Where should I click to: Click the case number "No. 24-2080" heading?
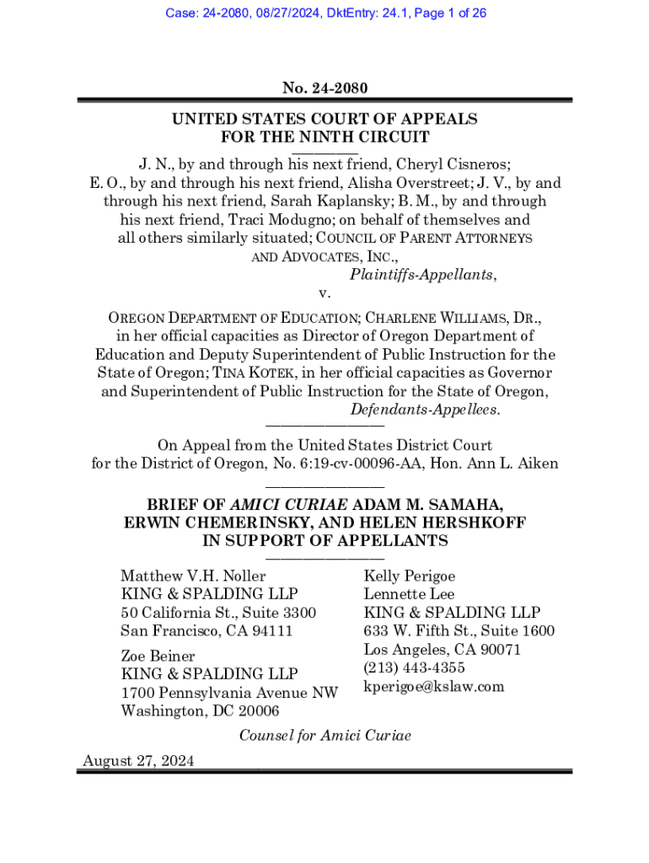324,88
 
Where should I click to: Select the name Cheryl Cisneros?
443,164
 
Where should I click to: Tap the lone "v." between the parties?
324,293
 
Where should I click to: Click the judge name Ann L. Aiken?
517,464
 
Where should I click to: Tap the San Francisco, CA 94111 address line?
206,630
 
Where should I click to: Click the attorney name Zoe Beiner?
158,656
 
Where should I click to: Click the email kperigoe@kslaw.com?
433,687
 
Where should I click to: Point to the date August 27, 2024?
138,761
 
